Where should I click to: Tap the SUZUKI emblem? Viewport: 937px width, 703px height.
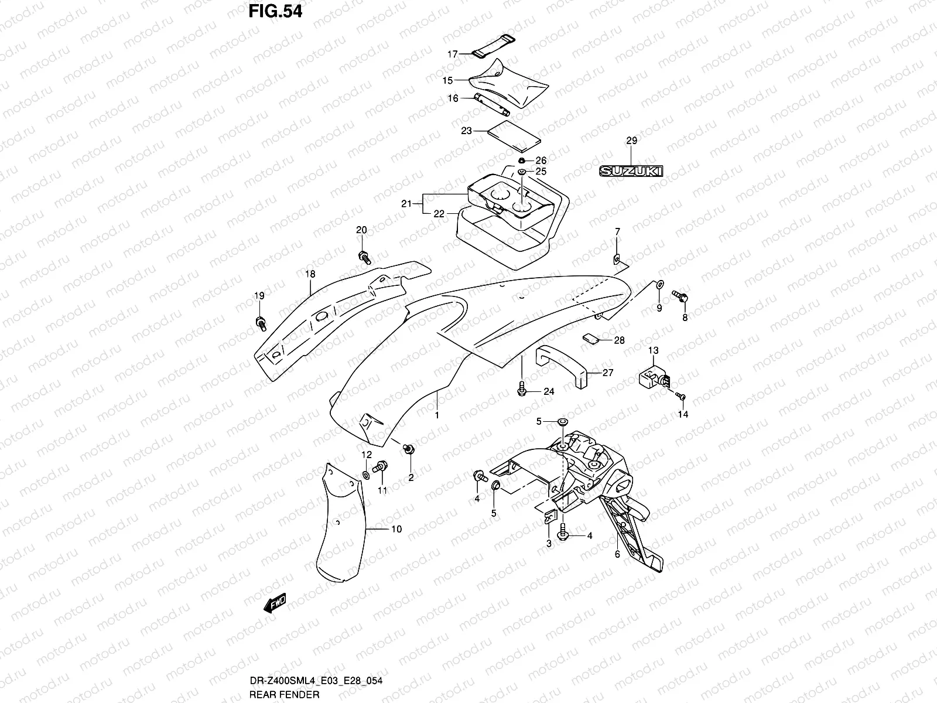click(631, 172)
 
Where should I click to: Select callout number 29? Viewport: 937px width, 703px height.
click(631, 141)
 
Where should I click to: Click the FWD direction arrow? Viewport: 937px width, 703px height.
click(274, 603)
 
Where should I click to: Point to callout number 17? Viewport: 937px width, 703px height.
click(453, 54)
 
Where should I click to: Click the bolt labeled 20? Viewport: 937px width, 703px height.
click(363, 256)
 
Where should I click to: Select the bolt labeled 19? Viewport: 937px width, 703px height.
click(261, 321)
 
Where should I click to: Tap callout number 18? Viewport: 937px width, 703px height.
click(310, 274)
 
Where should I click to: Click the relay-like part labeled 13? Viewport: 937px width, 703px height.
click(652, 376)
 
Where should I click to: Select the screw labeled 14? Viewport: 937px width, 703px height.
click(681, 397)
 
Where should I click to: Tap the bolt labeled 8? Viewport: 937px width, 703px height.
click(680, 296)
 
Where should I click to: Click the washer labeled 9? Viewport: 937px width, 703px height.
click(658, 284)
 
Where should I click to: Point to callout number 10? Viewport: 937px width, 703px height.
click(396, 529)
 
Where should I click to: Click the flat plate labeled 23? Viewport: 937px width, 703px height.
click(514, 136)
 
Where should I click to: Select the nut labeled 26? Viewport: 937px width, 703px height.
click(521, 161)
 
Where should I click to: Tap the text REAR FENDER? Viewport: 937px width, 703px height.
click(283, 695)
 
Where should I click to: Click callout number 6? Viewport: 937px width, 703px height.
click(617, 554)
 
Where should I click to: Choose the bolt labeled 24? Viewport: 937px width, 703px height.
click(522, 388)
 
